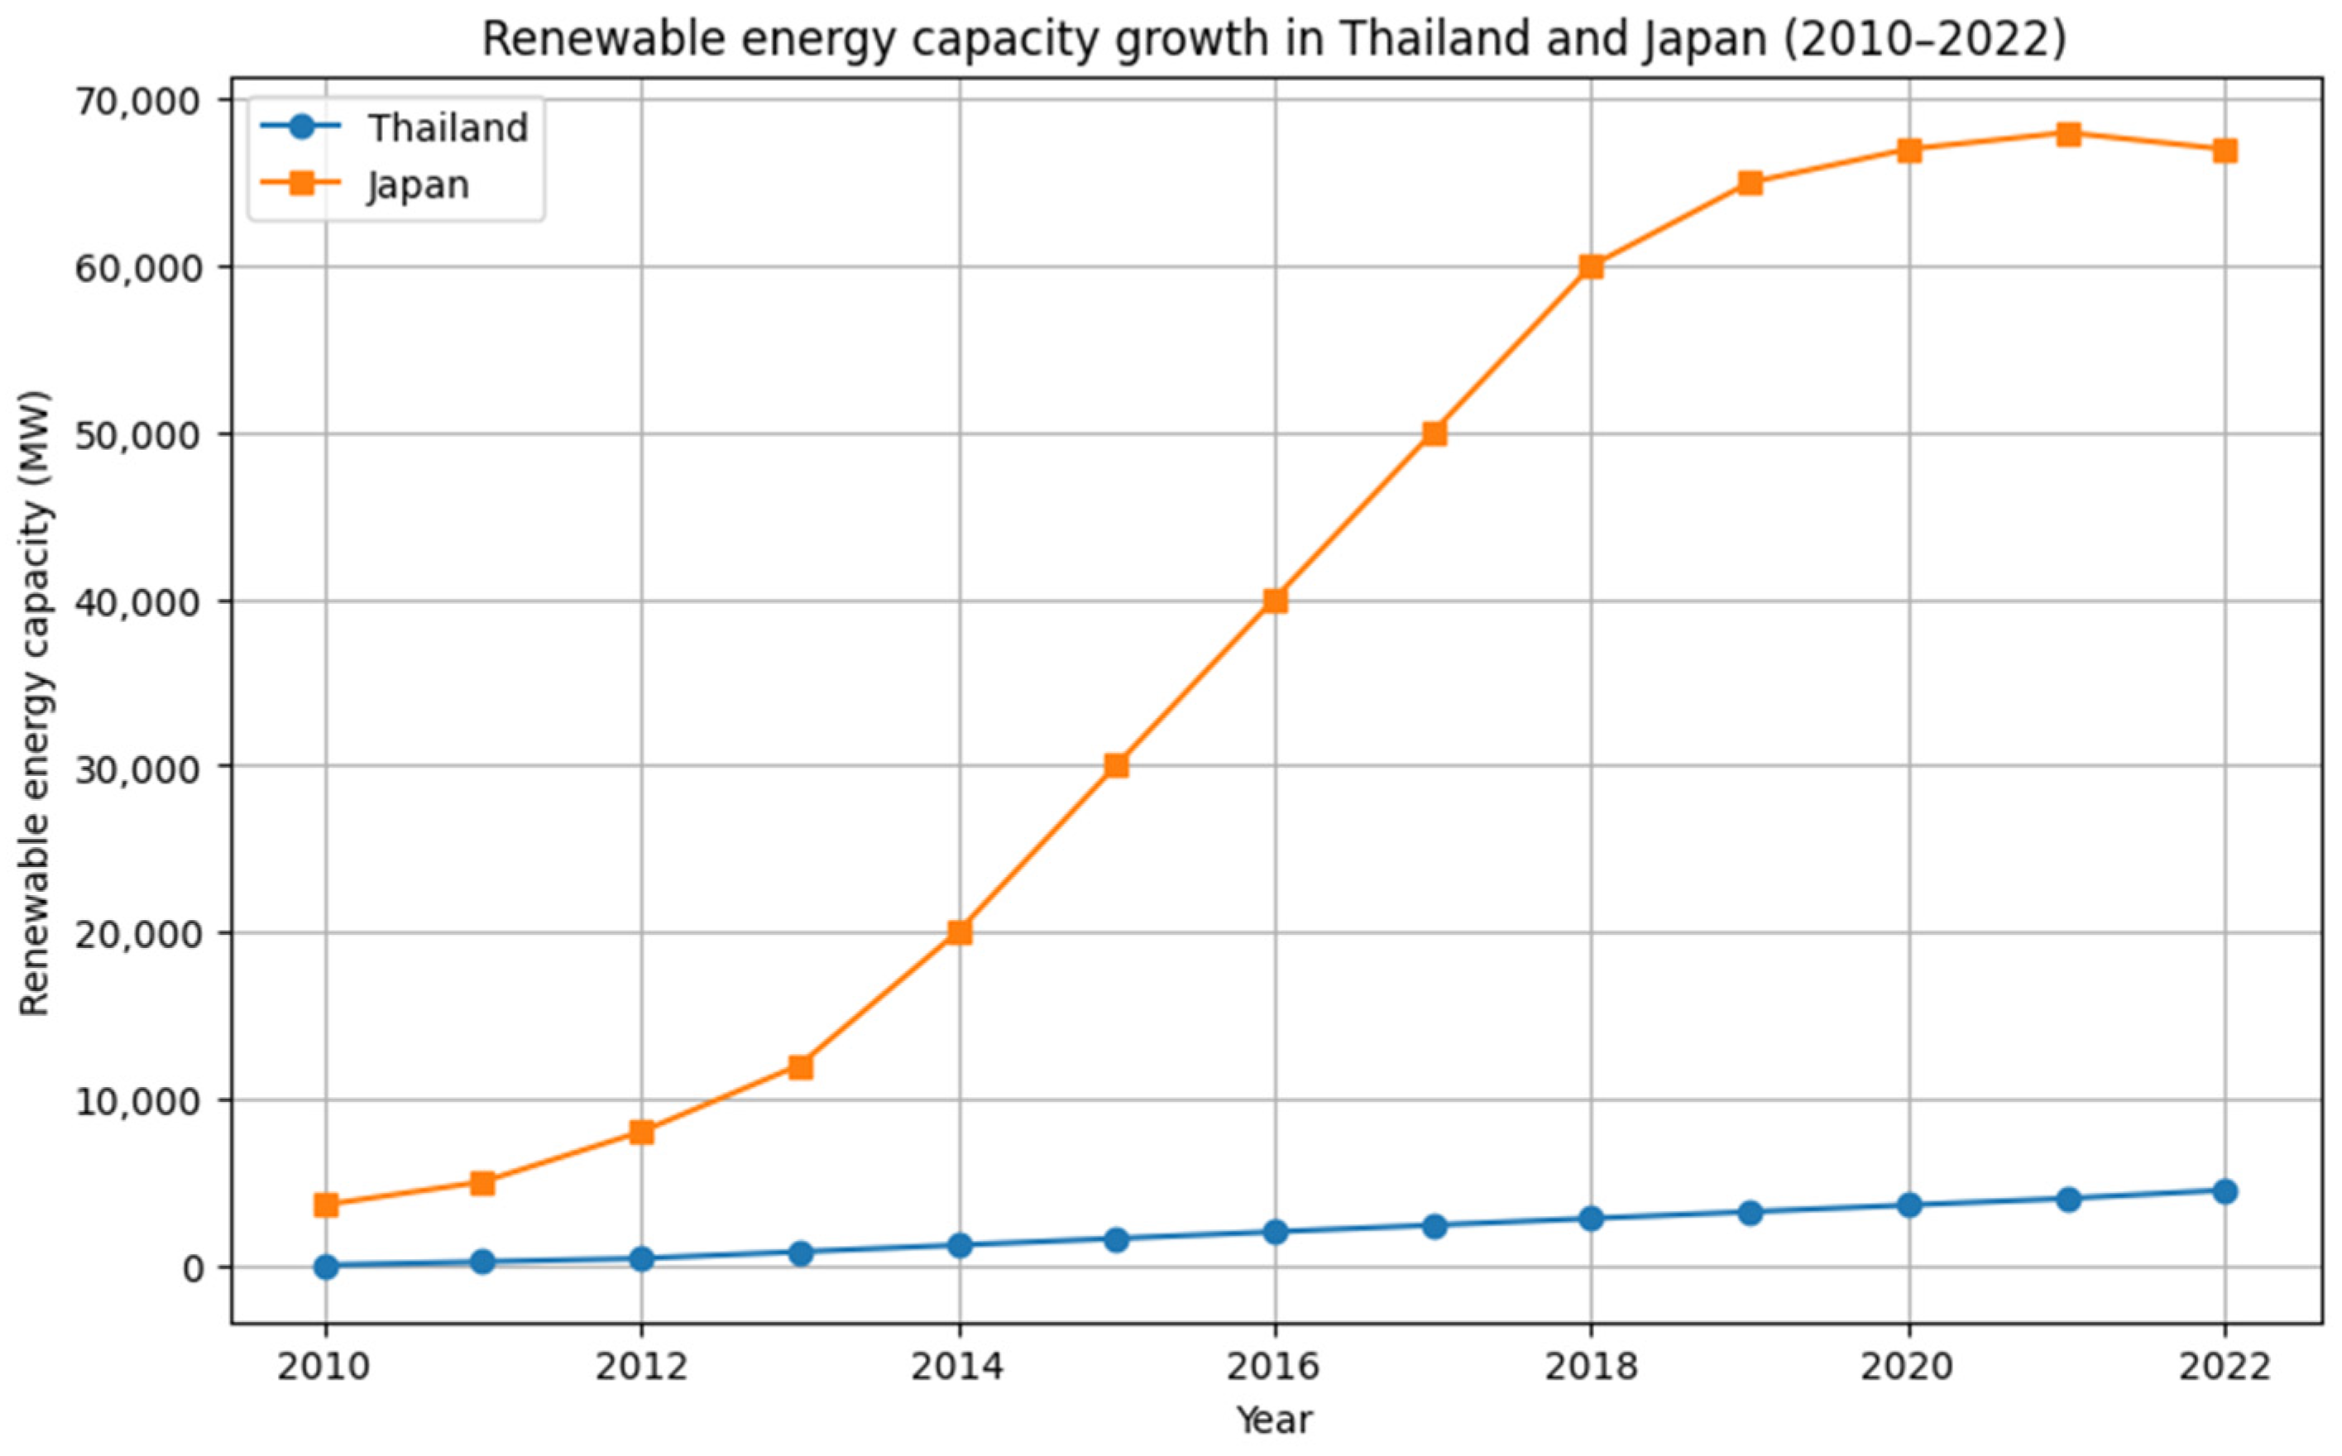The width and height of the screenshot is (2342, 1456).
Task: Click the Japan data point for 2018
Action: tap(1591, 266)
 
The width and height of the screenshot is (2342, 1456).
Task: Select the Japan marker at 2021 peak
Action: tap(2067, 134)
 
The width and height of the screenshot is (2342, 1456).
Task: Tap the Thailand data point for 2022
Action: tap(2225, 1191)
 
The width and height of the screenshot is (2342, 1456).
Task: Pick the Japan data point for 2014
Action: tap(959, 932)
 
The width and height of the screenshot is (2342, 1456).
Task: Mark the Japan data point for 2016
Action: tap(1275, 601)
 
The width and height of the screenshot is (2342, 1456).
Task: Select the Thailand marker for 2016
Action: tap(1275, 1232)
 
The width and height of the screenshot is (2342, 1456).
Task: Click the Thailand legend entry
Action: tap(448, 128)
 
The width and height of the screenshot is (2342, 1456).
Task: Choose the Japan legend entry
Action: tap(418, 184)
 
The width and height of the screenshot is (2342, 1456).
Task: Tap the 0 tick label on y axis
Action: tap(194, 1268)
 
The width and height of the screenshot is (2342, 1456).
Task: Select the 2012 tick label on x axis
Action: tap(641, 1367)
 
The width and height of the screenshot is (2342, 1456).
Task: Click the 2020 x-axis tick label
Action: tap(1908, 1367)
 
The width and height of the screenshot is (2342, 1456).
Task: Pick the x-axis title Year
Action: tap(1273, 1420)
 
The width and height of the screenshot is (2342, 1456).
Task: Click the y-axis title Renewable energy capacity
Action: tap(35, 703)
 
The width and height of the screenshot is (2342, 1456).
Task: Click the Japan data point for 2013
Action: tap(800, 1067)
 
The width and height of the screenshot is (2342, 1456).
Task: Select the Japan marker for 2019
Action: tap(1751, 183)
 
